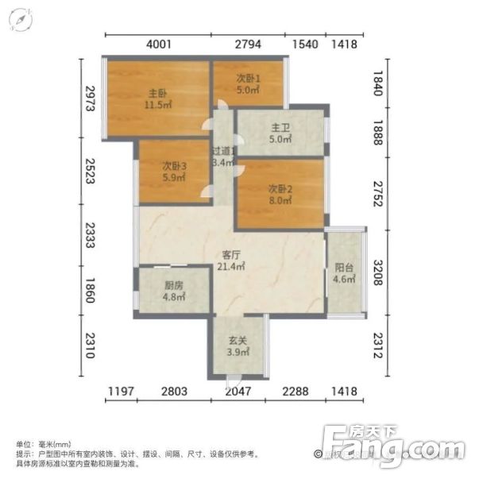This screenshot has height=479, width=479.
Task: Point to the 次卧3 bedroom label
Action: (x=174, y=166)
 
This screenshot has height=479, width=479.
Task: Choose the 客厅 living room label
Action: (x=231, y=255)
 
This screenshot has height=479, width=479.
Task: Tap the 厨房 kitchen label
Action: (x=174, y=285)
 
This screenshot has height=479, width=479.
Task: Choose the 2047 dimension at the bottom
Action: (x=238, y=392)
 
